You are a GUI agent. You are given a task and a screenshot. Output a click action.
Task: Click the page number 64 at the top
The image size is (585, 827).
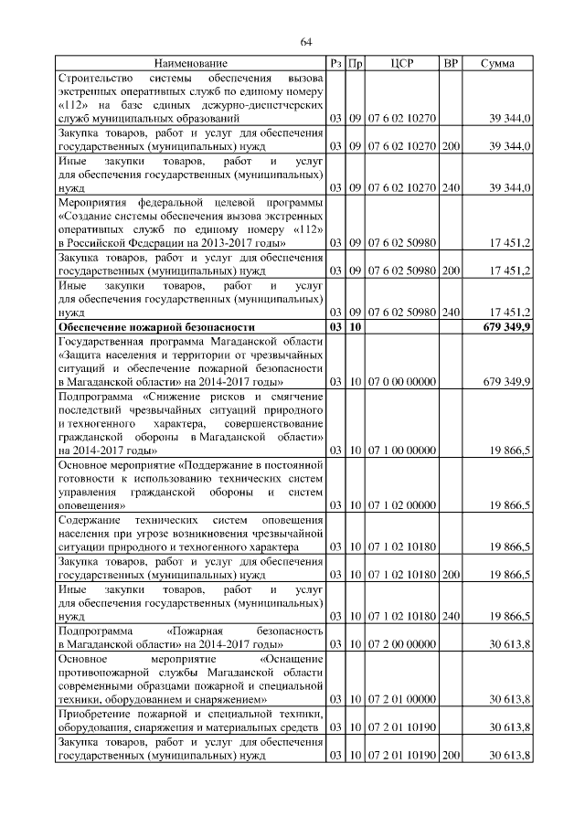pyautogui.click(x=306, y=42)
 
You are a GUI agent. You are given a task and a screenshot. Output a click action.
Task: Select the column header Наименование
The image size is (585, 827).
pyautogui.click(x=190, y=63)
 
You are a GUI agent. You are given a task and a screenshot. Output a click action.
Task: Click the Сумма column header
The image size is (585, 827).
pyautogui.click(x=497, y=63)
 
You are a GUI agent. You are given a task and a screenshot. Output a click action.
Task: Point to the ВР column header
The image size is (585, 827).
pyautogui.click(x=451, y=63)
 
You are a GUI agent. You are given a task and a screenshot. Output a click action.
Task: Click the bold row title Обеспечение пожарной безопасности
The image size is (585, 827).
pyautogui.click(x=155, y=326)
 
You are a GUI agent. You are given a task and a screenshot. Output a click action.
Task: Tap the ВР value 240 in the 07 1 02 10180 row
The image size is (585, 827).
pyautogui.click(x=451, y=616)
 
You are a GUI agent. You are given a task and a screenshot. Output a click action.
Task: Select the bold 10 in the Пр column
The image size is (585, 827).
pyautogui.click(x=356, y=326)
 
